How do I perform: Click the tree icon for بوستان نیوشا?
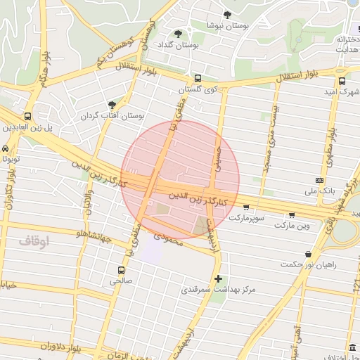tap(227, 14)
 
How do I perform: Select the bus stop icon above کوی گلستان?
tap(198, 79)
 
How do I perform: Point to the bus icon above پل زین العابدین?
tap(27, 116)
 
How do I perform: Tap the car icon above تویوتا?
tap(6, 149)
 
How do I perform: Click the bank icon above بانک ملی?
tap(320, 180)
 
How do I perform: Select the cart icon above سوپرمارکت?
tap(245, 207)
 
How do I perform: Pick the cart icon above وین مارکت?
tap(292, 214)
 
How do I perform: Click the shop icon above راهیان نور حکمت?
tap(308, 254)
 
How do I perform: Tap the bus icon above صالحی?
tap(122, 269)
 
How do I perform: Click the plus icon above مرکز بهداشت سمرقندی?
tap(218, 278)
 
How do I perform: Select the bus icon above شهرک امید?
tap(344, 81)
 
